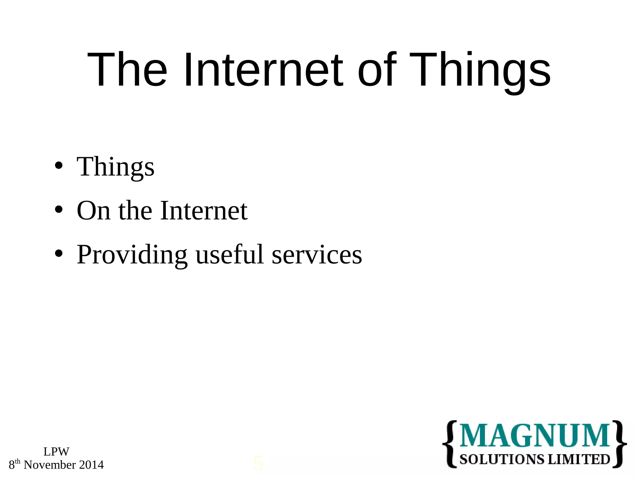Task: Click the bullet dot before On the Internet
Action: tap(58, 210)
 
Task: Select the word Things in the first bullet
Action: tap(116, 167)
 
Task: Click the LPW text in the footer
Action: tap(56, 452)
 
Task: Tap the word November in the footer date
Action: tap(50, 465)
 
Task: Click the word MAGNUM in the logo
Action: tap(534, 436)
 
